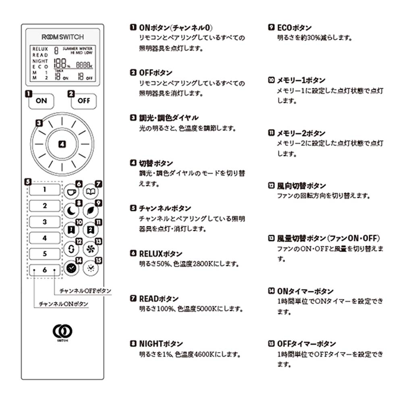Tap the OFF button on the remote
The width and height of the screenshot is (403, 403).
coord(84,101)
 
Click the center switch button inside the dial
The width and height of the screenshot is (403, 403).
coord(62,144)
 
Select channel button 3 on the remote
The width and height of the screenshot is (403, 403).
coord(44,222)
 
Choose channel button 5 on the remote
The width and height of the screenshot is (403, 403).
coord(44,254)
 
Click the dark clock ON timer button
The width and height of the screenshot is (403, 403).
coord(72,268)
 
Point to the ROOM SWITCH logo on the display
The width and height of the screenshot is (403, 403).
coord(62,37)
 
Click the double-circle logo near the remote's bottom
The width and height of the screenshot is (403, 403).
coord(62,331)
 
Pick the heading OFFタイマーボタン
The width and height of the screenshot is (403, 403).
coord(306,344)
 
